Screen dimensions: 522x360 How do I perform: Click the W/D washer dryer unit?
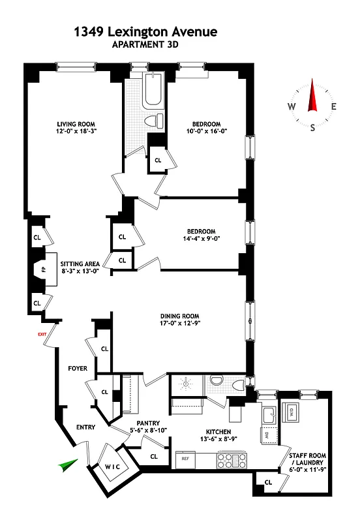(x=292, y=412)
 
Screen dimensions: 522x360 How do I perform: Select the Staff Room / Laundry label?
(x=310, y=459)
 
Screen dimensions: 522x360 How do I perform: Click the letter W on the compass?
(x=292, y=107)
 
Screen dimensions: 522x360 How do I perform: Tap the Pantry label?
(x=139, y=422)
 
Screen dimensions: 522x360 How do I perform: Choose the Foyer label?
(x=78, y=369)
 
